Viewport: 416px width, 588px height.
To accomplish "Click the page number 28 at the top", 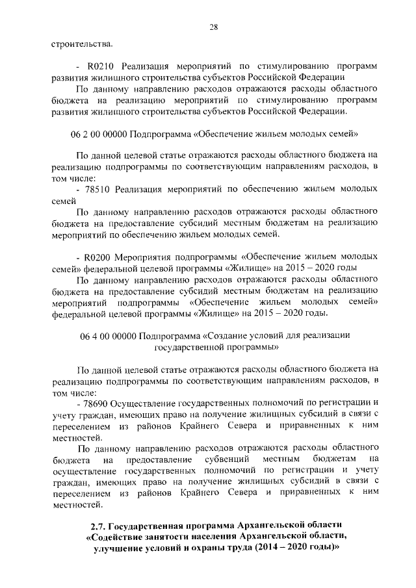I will click(x=213, y=26).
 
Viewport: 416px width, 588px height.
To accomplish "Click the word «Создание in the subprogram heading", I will click(x=222, y=336).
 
